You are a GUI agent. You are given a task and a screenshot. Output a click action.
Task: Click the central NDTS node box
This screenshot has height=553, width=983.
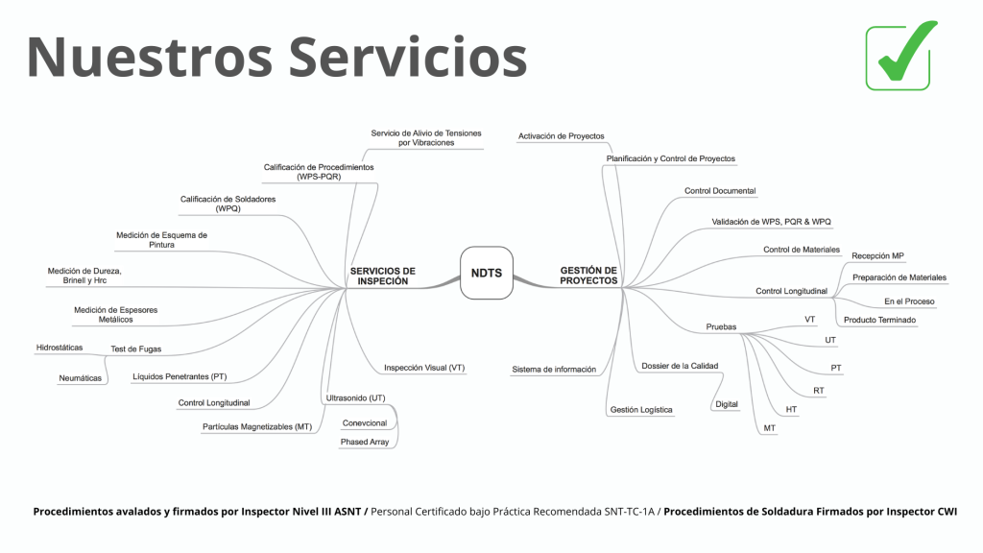click(x=487, y=273)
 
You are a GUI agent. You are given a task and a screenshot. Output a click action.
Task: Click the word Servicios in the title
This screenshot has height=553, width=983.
click(x=408, y=57)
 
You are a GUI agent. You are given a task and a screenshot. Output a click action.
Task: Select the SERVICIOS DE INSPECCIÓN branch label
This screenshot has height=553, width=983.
click(x=382, y=276)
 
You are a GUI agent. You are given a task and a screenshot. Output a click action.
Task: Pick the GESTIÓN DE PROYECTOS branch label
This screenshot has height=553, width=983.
click(x=588, y=276)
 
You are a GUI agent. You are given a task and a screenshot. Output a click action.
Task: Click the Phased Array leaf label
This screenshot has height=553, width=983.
click(x=365, y=442)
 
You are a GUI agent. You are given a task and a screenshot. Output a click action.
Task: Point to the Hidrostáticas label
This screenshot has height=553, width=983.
click(x=60, y=347)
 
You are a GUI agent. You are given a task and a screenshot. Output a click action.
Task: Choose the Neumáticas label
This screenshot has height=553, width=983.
click(x=80, y=378)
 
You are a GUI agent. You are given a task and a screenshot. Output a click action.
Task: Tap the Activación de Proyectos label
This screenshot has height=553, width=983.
click(x=561, y=136)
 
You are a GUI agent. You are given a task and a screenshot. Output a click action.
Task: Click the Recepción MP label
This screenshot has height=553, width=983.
click(x=877, y=255)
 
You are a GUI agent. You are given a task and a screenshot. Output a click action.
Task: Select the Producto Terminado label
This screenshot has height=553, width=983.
click(x=879, y=320)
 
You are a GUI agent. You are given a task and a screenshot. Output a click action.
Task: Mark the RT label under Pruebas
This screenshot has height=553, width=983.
click(x=818, y=391)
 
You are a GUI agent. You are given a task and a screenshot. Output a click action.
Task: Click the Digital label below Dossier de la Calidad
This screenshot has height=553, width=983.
click(x=727, y=404)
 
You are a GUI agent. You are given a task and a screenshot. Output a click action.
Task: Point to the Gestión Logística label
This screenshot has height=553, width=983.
click(x=641, y=410)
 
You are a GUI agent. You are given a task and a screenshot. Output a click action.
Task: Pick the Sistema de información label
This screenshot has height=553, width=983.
click(x=554, y=369)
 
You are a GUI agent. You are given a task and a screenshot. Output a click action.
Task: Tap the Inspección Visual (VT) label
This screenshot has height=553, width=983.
click(x=424, y=368)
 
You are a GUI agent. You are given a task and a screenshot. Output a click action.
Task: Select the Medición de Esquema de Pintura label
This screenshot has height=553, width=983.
click(x=161, y=240)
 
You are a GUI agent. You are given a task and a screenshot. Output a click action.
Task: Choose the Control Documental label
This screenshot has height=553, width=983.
click(x=719, y=191)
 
